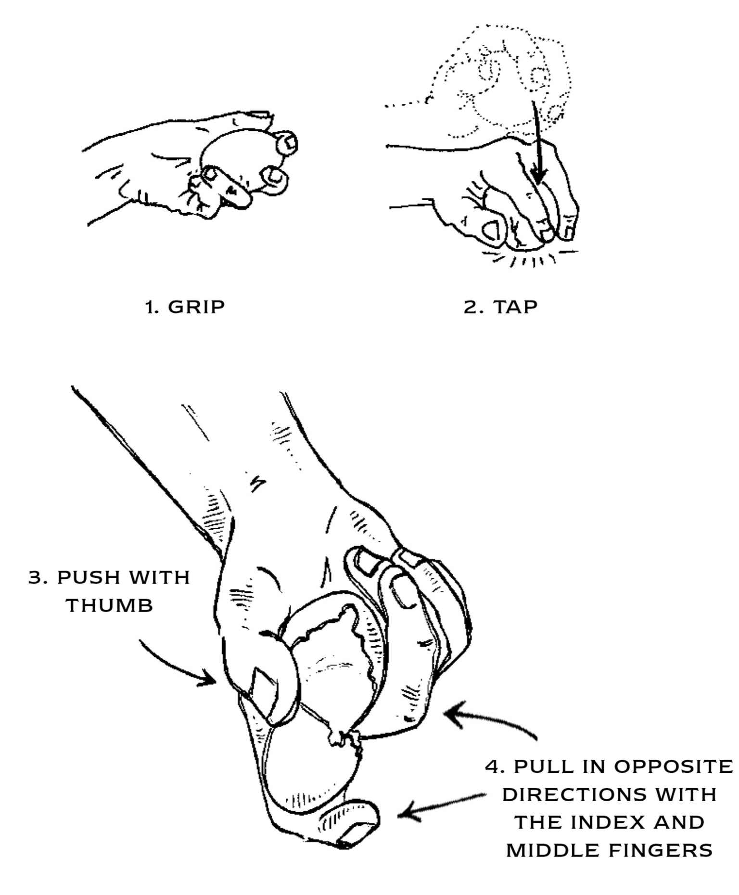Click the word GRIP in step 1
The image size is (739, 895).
point(196,307)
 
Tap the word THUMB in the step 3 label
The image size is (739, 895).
point(109,605)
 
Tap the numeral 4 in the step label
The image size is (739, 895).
point(491,767)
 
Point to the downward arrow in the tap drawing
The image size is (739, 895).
point(537,142)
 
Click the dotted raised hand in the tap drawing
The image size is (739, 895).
point(500,82)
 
